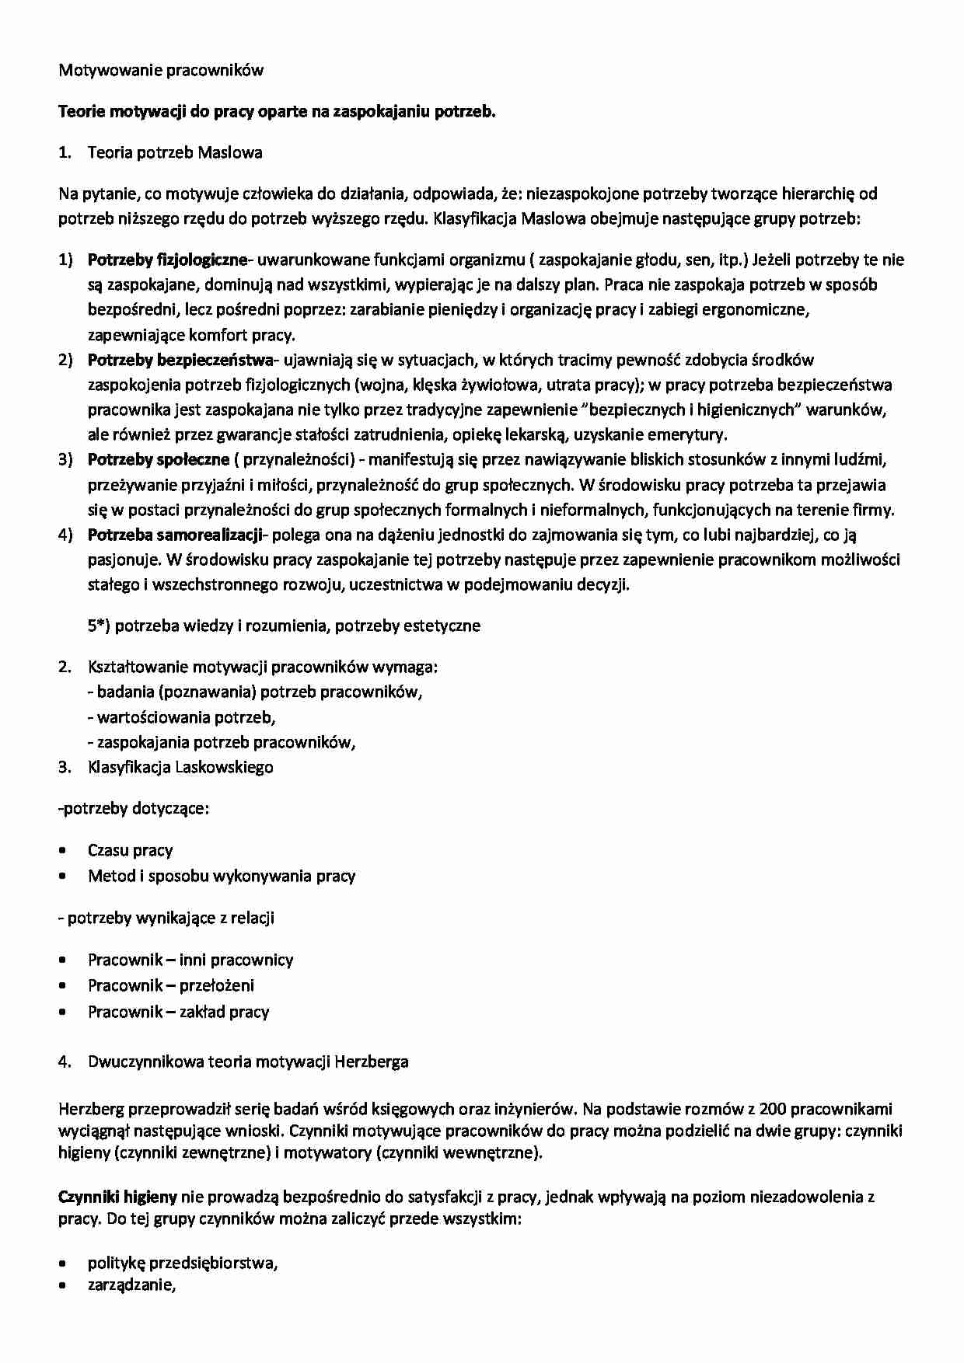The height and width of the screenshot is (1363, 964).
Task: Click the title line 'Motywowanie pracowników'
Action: click(x=161, y=70)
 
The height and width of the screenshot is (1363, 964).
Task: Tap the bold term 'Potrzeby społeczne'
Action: click(x=159, y=459)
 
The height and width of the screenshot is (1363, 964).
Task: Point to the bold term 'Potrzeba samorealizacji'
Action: click(x=176, y=535)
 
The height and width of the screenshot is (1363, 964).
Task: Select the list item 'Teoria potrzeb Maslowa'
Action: click(x=175, y=152)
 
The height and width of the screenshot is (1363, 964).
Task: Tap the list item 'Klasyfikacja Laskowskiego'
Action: click(x=180, y=767)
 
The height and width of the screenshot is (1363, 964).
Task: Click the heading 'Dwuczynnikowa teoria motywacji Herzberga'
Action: click(x=248, y=1061)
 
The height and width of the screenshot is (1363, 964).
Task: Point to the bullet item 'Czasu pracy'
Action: click(x=130, y=850)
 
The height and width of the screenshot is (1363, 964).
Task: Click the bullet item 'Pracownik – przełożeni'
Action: click(x=171, y=985)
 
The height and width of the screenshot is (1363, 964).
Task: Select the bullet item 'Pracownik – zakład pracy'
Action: click(x=178, y=1012)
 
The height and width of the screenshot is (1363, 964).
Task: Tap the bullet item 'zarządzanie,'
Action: click(x=132, y=1285)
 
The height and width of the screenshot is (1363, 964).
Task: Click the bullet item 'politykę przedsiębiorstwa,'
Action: click(x=183, y=1263)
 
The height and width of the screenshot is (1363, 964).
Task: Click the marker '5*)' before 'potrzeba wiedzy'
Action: click(x=100, y=626)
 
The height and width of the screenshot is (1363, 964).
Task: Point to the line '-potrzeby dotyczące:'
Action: click(x=134, y=808)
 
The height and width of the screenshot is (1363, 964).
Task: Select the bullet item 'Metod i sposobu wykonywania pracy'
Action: click(x=222, y=876)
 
